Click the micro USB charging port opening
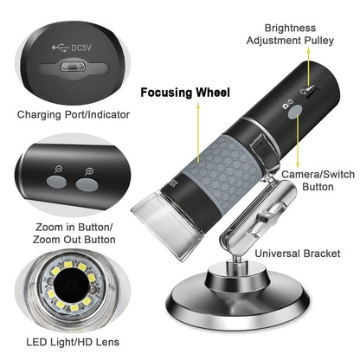click(72, 67)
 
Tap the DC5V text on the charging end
click(81, 48)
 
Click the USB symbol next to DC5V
click(60, 48)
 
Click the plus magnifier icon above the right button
click(89, 171)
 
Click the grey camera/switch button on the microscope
click(295, 112)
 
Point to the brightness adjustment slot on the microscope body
click(312, 92)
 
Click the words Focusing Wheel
click(185, 93)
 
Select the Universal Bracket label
click(298, 254)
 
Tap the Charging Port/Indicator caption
click(74, 114)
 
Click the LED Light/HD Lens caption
click(73, 342)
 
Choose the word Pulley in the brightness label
click(319, 41)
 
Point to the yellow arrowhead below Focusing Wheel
click(198, 106)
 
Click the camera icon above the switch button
click(286, 106)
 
